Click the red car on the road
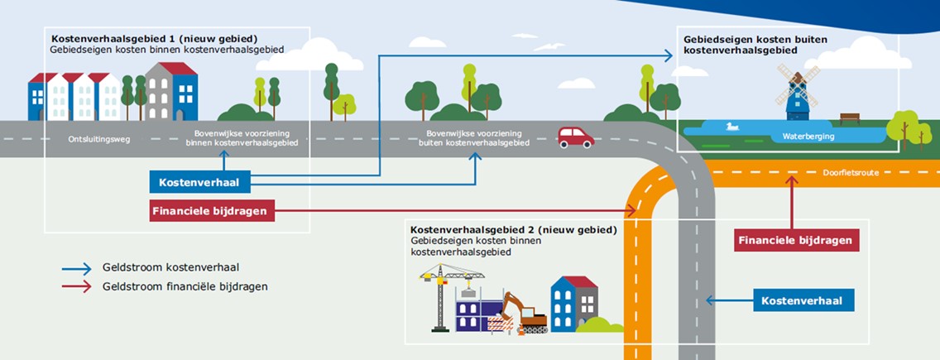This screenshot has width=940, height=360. [x=576, y=137]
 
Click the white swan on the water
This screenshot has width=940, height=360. [x=731, y=127]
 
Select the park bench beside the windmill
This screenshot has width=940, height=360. [x=850, y=119]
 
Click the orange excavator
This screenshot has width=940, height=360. [x=526, y=314]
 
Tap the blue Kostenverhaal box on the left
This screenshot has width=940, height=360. [x=199, y=181]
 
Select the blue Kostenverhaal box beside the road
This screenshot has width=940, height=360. [x=803, y=300]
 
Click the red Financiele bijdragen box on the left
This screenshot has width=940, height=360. [x=212, y=211]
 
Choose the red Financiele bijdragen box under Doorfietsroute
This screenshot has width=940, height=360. [x=797, y=241]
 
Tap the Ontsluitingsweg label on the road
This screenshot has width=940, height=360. [x=98, y=139]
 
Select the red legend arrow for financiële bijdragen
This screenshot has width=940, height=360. [x=76, y=286]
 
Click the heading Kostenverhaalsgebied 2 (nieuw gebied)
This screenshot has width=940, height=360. [x=514, y=228]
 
